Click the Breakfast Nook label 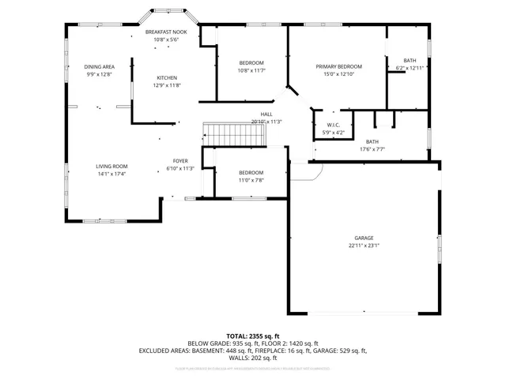pos(164,32)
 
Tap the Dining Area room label pos(100,66)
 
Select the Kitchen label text pos(167,77)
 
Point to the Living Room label pos(111,166)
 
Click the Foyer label pos(180,161)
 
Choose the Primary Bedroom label pos(338,66)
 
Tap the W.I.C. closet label pos(334,125)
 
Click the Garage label pos(364,238)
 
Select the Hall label pos(266,114)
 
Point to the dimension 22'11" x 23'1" pos(364,246)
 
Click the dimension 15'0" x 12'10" pos(338,73)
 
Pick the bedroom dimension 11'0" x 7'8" pos(251,180)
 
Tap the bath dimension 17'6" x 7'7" pos(372,148)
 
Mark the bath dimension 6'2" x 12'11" pos(410,68)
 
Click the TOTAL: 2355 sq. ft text pos(252,336)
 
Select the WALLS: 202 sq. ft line pos(252,358)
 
